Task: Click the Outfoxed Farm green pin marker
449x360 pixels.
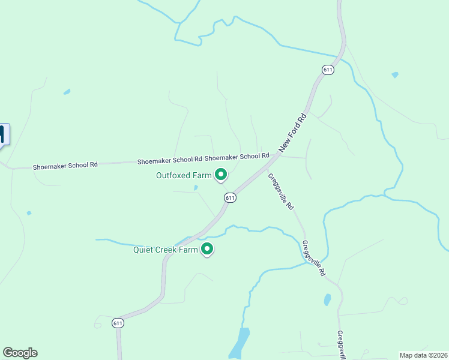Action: point(220,175)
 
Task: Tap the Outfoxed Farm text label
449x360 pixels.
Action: point(184,176)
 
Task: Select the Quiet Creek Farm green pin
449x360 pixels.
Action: point(207,248)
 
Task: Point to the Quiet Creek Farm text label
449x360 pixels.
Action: point(165,250)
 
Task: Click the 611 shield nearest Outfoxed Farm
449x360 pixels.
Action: point(230,197)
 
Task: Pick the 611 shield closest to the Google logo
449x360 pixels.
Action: point(118,323)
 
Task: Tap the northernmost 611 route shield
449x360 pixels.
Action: point(327,70)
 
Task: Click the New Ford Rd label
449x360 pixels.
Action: point(294,133)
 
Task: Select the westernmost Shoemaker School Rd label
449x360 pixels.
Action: point(65,165)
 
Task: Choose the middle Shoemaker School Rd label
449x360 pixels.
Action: point(169,161)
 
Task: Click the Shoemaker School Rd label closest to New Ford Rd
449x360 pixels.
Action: point(237,157)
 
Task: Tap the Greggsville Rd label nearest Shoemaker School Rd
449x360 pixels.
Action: point(281,191)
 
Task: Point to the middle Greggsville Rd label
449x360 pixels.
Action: point(313,259)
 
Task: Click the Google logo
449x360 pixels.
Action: point(20,353)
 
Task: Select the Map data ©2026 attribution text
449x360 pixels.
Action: point(423,355)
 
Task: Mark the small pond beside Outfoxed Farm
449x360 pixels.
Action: point(196,188)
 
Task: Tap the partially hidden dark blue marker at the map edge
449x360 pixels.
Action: point(4,134)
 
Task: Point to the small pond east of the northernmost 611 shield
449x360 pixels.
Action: point(394,75)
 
